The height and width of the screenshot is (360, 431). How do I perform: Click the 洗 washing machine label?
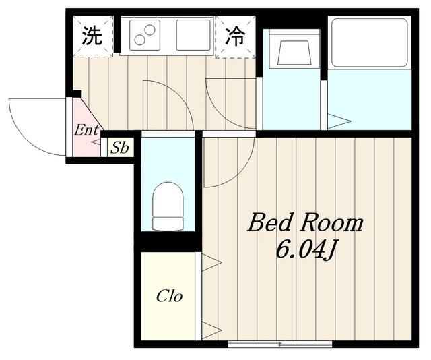click(x=93, y=36)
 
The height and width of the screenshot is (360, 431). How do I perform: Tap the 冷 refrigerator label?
click(x=235, y=36)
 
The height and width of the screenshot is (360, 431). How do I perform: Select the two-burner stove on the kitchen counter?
click(x=145, y=35)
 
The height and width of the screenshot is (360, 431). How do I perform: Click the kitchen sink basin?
click(x=193, y=35)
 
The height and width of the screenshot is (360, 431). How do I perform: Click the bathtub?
click(x=370, y=42)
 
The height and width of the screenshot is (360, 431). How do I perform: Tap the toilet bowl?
click(x=168, y=200)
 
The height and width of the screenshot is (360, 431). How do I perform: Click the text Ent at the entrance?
click(x=86, y=130)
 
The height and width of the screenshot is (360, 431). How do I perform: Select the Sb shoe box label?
click(x=120, y=148)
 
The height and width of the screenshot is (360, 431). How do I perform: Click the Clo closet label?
click(x=169, y=296)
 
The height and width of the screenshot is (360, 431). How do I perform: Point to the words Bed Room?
click(x=305, y=224)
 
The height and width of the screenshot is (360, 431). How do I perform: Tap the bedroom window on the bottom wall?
click(x=280, y=344)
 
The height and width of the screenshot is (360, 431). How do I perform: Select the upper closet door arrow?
click(x=211, y=262)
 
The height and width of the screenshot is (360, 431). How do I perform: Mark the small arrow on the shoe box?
click(x=96, y=142)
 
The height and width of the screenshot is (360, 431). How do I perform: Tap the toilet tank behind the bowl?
click(x=168, y=224)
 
